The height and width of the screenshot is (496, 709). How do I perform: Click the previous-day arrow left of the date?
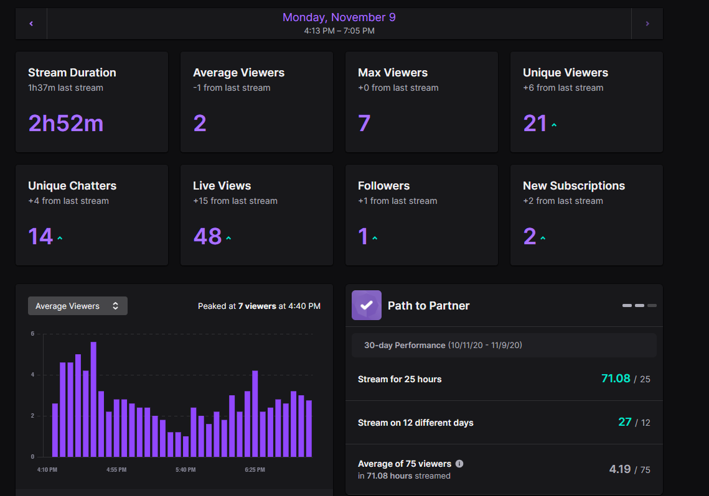(x=31, y=24)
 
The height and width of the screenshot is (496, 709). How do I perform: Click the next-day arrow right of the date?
(x=647, y=24)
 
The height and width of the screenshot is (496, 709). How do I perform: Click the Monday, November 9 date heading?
(x=339, y=17)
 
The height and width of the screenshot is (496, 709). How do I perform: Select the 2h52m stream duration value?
(x=66, y=123)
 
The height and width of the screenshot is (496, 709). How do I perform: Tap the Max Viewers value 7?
(x=364, y=123)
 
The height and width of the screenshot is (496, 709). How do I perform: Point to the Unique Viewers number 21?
(x=535, y=123)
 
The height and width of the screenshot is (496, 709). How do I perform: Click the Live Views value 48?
(x=207, y=236)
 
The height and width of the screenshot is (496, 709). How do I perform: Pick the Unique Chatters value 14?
(x=40, y=236)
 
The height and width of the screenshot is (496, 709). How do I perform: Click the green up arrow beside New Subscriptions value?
(x=543, y=238)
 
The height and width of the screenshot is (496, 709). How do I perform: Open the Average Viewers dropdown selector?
(x=78, y=306)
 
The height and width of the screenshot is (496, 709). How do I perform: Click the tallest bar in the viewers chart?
(x=93, y=400)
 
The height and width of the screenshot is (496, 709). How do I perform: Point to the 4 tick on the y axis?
(x=32, y=375)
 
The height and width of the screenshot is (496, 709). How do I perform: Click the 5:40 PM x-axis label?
(x=186, y=470)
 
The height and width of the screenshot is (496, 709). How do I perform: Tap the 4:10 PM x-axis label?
(x=47, y=470)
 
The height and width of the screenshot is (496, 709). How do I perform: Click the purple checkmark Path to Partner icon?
(x=367, y=305)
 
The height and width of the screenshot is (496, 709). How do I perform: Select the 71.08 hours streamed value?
(x=616, y=378)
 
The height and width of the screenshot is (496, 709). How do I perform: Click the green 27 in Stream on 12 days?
(x=625, y=422)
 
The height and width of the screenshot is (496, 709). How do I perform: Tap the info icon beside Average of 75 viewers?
(x=459, y=464)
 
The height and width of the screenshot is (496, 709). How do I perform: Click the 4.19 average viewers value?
(x=620, y=469)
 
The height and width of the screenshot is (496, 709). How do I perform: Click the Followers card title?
(x=384, y=185)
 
